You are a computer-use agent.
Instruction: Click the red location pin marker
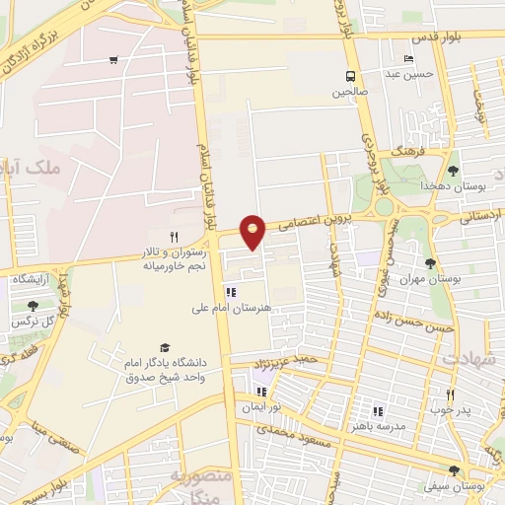click(x=253, y=231)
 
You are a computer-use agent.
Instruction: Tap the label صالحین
click(x=349, y=92)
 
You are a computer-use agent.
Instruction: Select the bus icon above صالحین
click(x=349, y=77)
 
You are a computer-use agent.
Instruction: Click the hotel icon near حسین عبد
click(x=408, y=59)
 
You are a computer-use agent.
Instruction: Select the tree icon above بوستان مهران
click(x=430, y=262)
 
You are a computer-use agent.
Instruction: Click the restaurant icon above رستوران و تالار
click(x=174, y=237)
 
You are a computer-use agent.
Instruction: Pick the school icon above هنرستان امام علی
click(x=231, y=292)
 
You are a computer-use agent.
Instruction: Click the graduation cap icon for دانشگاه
click(x=165, y=347)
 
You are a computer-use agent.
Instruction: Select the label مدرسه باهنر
click(x=375, y=426)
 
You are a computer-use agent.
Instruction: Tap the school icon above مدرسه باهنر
click(x=377, y=411)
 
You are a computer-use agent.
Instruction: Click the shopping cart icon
click(x=114, y=61)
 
